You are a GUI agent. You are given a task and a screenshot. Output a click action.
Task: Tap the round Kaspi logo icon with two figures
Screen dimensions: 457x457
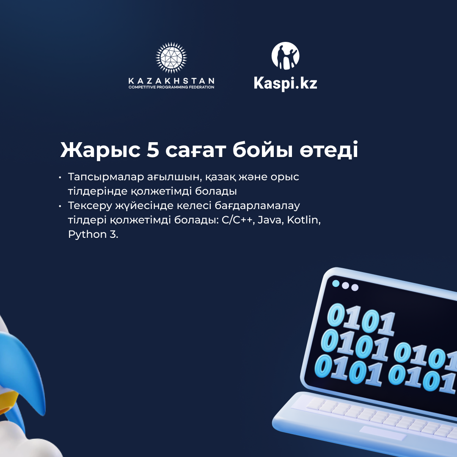click(285, 56)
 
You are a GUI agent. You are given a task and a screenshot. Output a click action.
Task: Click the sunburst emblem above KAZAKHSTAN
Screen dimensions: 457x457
click(171, 58)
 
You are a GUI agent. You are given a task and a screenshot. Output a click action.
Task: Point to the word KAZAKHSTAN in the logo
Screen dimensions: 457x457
click(171, 81)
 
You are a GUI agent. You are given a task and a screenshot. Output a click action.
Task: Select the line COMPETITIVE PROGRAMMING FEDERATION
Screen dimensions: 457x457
click(171, 87)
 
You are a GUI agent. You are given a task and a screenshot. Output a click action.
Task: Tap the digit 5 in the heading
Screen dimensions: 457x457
click(153, 150)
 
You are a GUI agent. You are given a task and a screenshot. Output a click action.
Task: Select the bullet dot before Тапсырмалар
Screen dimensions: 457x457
click(60, 177)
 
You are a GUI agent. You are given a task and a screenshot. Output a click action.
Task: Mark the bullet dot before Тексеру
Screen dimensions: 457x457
click(60, 206)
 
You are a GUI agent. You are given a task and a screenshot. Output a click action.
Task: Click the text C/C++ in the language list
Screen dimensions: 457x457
click(238, 220)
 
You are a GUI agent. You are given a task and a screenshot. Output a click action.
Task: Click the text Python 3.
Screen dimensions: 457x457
click(93, 234)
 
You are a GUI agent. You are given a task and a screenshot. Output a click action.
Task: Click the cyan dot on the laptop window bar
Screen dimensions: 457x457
click(336, 283)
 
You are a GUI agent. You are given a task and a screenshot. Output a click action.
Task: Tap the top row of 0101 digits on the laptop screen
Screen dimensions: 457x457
click(361, 319)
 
